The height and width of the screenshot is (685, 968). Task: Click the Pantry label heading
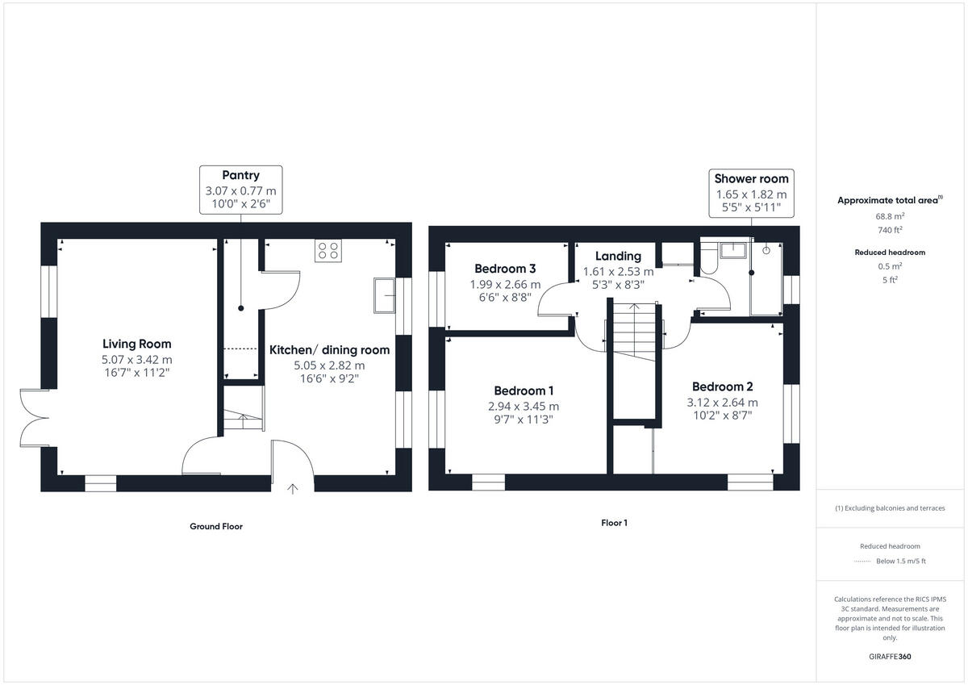(x=240, y=175)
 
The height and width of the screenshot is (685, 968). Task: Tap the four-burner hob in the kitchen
(x=328, y=251)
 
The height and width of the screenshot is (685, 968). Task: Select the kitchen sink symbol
(x=384, y=295)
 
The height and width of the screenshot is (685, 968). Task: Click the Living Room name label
(x=136, y=344)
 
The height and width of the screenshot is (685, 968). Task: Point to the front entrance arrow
(x=293, y=489)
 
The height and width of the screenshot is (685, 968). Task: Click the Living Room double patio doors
(x=35, y=418)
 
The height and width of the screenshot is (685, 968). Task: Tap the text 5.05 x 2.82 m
(x=329, y=365)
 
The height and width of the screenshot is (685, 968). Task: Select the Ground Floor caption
(x=216, y=526)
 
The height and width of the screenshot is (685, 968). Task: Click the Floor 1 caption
(x=614, y=523)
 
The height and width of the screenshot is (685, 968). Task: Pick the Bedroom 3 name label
(x=505, y=269)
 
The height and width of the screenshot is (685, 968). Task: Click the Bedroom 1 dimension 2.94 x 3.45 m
(x=524, y=407)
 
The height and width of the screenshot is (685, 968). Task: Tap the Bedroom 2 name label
(x=723, y=386)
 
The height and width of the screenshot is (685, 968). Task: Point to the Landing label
(x=618, y=256)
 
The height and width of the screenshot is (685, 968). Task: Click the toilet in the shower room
(x=709, y=258)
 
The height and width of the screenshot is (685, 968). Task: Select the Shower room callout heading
(x=752, y=178)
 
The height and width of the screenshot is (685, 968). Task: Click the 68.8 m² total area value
(x=890, y=215)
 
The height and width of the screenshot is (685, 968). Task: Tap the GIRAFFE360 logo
(x=890, y=657)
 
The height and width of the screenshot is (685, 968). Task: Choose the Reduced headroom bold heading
(x=890, y=253)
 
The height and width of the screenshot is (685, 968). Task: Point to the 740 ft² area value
(x=890, y=230)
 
